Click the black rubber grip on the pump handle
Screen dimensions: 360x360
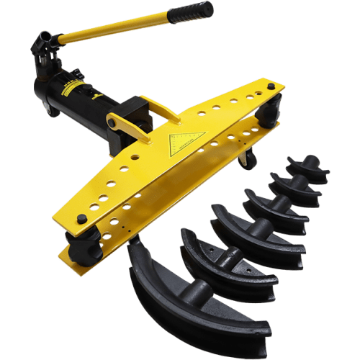[x=190, y=13]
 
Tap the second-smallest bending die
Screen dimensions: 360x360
[x=295, y=186]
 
